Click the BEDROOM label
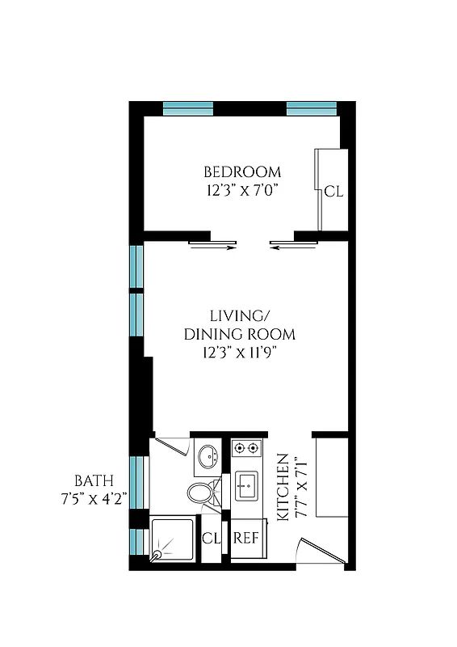point(242,172)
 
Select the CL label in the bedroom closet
point(333,192)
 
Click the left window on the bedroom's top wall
point(188,108)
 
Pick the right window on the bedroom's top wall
point(311,108)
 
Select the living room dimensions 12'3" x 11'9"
point(239,352)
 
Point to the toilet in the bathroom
point(201,492)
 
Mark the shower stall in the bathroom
point(173,539)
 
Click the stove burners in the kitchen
point(245,447)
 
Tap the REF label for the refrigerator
point(245,538)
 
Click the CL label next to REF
point(212,538)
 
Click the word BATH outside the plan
point(93,479)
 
